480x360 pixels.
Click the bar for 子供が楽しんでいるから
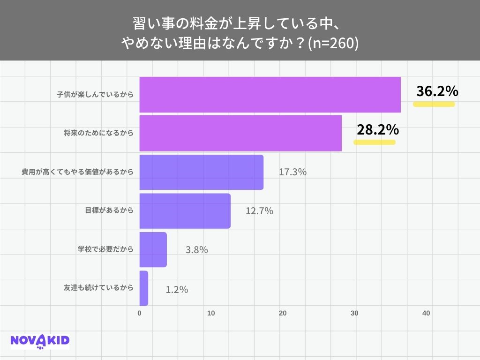[270, 95]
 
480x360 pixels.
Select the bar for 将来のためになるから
[240, 133]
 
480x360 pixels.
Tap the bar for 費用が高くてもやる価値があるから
[202, 172]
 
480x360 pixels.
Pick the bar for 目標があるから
[185, 210]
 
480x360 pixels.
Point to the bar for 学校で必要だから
[153, 249]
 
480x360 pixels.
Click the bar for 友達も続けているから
[144, 288]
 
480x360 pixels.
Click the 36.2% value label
[437, 91]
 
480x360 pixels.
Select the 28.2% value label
[377, 130]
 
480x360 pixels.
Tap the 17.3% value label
[292, 172]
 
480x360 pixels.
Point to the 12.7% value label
[259, 211]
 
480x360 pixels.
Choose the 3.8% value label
[196, 250]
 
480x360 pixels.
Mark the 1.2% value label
[177, 290]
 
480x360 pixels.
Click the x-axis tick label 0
[140, 313]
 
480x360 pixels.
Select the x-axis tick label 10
[211, 313]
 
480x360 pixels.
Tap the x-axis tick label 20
[283, 313]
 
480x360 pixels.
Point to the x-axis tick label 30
[354, 313]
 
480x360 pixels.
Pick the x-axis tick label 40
[426, 313]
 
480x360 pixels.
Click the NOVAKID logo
[40, 341]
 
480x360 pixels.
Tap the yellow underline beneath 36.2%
[434, 105]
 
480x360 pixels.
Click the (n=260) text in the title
[333, 43]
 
